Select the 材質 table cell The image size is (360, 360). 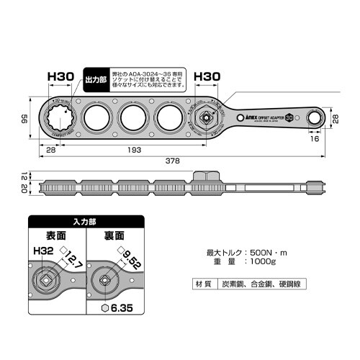(204, 284)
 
